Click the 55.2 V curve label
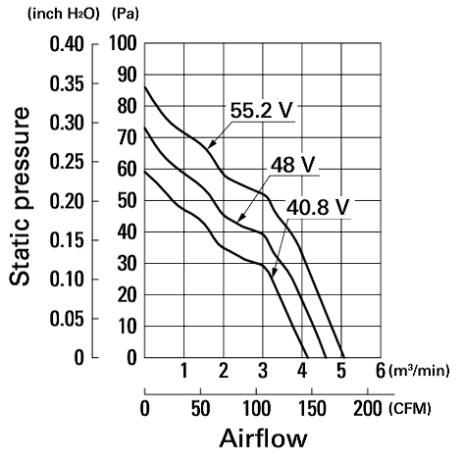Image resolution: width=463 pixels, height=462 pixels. coord(261,110)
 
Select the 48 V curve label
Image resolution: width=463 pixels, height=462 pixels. coord(292,164)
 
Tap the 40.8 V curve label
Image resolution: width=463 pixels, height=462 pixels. coord(318,207)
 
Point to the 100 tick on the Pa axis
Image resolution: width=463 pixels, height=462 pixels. coord(123,43)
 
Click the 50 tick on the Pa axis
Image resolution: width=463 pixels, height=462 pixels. coord(127,200)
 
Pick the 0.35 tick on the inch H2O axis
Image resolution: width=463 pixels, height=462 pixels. coord(67,83)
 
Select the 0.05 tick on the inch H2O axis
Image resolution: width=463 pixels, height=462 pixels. coord(67,319)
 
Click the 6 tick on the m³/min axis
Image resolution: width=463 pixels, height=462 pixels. coord(381,371)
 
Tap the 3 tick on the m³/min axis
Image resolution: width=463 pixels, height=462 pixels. coord(263,371)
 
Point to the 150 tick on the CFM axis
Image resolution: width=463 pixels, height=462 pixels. coord(312,409)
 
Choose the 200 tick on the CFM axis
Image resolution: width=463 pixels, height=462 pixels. coord(368,409)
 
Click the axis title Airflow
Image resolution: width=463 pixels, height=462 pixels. coord(264,438)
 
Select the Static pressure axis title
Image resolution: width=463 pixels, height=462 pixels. coord(20,196)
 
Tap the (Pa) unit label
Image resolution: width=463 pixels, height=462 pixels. coord(126,14)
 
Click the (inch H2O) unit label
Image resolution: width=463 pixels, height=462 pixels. coord(64,14)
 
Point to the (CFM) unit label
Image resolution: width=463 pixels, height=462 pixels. coord(410,409)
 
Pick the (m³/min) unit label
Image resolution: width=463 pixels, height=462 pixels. coord(419,371)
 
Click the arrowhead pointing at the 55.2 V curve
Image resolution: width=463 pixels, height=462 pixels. coord(211,144)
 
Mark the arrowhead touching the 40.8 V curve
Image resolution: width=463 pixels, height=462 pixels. coord(274,273)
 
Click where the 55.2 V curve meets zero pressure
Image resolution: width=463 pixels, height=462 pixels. coord(344,357)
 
